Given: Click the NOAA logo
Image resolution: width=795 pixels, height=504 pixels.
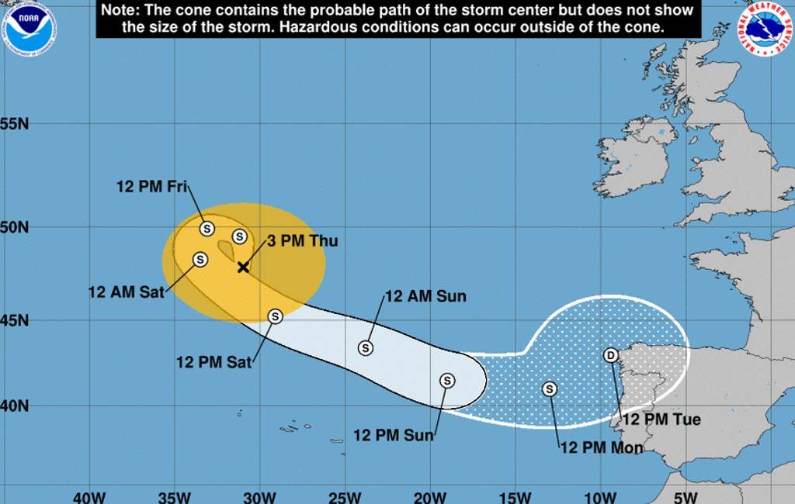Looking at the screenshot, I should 29,29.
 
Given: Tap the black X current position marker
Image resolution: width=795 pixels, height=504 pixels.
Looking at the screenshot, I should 243,267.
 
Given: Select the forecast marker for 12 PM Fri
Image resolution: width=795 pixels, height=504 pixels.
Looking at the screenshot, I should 207,229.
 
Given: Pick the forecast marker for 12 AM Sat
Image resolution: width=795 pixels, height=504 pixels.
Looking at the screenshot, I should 200,260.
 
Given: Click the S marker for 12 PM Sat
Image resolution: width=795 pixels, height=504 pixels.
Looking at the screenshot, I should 275,316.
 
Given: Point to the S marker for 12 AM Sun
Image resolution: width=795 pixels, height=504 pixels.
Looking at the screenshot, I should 366,348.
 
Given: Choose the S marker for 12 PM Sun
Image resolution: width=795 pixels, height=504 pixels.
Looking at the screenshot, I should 447,380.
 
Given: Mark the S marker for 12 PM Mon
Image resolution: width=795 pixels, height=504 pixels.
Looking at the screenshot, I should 550,389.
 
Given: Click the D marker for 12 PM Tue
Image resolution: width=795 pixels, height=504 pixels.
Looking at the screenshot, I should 611,355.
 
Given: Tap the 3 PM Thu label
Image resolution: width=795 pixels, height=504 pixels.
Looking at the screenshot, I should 303,241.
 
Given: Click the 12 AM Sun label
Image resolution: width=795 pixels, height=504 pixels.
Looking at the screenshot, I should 425,296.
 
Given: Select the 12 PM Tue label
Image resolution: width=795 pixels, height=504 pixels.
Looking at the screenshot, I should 662,419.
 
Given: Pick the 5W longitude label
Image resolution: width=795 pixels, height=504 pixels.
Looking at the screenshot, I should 685,497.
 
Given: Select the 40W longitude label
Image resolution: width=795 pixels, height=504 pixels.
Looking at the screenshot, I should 88,497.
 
